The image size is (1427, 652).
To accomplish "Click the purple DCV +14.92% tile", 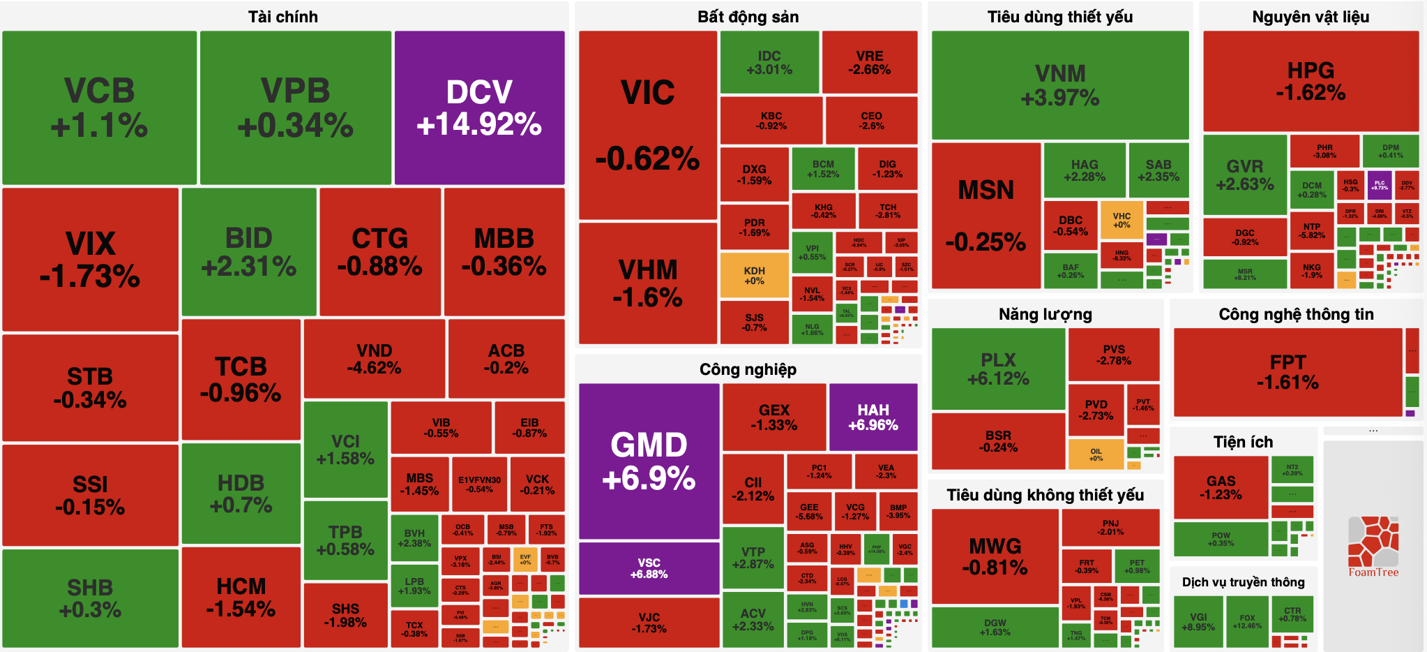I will pos(479,108).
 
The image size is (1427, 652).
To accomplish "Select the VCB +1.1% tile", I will pos(99,108).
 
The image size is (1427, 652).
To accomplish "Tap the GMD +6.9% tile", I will pos(649,461).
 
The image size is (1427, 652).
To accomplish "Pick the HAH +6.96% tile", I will pos(873,417).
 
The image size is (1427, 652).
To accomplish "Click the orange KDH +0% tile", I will pos(754,276).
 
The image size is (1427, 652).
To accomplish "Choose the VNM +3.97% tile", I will pos(1059,84).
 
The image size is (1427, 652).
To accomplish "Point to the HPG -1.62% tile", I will pos(1311,81).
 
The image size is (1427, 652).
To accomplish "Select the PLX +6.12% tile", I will pos(998,369).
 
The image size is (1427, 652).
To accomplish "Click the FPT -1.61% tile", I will pos(1288,372).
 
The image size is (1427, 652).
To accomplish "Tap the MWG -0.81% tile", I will pos(995,556).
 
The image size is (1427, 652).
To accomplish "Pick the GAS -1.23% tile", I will pos(1221,487).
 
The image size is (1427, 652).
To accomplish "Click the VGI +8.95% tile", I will pos(1198,622).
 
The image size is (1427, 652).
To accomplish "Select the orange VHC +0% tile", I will pos(1122,220).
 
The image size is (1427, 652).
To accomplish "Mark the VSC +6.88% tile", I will pos(649,568).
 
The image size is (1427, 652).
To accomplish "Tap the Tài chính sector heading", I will pos(283,17).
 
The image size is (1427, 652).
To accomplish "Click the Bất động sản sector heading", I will pos(748,17).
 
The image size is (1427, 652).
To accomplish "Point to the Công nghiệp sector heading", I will pos(748,369).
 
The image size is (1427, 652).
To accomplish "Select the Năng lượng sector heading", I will pos(1045,314).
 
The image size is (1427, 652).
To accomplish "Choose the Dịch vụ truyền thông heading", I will pos(1243,582).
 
